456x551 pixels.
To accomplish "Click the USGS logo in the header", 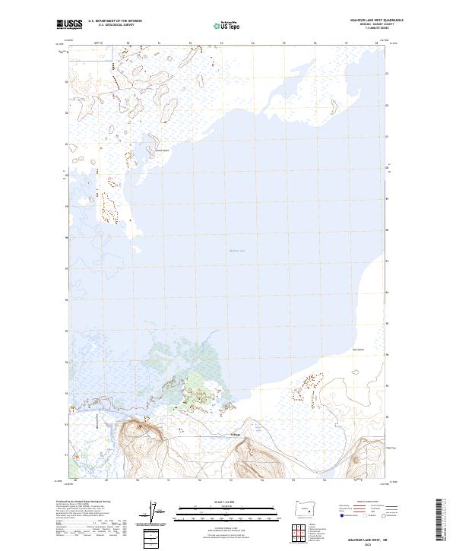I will pos(69,24).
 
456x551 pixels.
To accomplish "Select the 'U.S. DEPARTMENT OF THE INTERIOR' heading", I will pos(115,21).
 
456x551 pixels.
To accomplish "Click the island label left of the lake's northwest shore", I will pos(160,150).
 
